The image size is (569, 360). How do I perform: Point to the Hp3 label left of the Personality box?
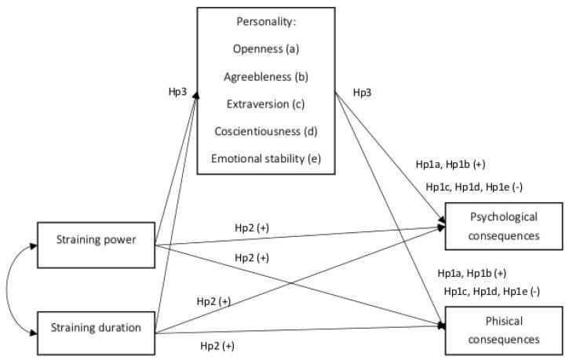pyautogui.click(x=178, y=92)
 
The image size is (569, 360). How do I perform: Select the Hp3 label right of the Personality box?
pyautogui.click(x=363, y=92)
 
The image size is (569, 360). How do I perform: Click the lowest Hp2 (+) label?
pyautogui.click(x=217, y=346)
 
